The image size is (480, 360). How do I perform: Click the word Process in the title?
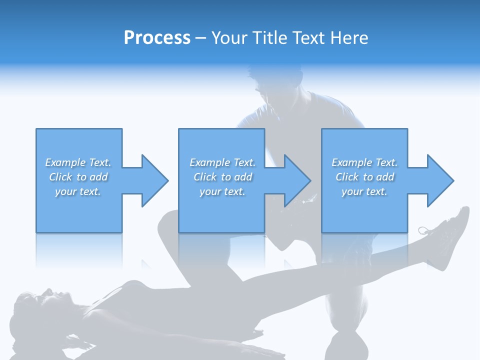157,38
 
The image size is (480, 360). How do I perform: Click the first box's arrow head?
153,180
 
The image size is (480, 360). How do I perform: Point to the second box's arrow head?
296,180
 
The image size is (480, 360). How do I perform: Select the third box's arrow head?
439,180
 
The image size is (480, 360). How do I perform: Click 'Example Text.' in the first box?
78,162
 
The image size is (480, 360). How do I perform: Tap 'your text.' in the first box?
78,191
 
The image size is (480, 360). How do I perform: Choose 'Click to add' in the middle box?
222,177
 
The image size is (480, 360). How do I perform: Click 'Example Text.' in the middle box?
222,162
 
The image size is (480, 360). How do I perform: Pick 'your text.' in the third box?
364,191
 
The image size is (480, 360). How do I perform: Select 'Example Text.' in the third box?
364,162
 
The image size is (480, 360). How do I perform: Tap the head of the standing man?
278,85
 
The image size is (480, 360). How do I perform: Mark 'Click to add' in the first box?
78,177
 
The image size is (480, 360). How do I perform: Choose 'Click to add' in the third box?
364,177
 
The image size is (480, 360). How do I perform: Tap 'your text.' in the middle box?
222,191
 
